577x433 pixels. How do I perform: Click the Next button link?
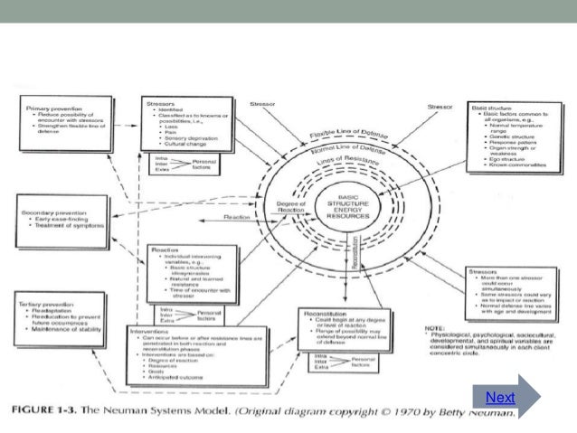[x=500, y=398]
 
